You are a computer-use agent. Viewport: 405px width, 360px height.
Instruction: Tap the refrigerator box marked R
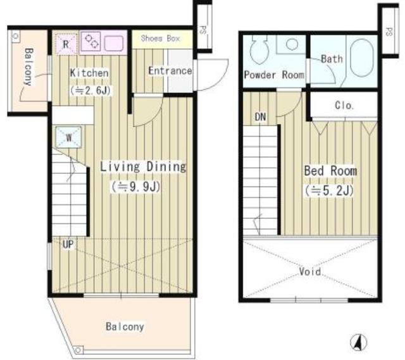(66, 44)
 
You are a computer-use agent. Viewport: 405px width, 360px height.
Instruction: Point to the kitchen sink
(116, 44)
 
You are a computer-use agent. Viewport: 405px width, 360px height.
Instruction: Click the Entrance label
(170, 71)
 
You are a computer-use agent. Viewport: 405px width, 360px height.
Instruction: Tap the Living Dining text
(143, 167)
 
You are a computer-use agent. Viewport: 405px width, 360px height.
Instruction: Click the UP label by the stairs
(68, 243)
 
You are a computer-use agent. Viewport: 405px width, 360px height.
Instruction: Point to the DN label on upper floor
(261, 117)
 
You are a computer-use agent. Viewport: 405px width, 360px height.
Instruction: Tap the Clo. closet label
(344, 106)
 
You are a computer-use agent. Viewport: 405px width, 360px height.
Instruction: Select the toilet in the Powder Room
(260, 51)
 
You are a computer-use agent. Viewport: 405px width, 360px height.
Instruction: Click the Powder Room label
(274, 75)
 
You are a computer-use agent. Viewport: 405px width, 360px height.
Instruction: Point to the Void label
(309, 272)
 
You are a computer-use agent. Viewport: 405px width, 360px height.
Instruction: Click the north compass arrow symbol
(357, 342)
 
